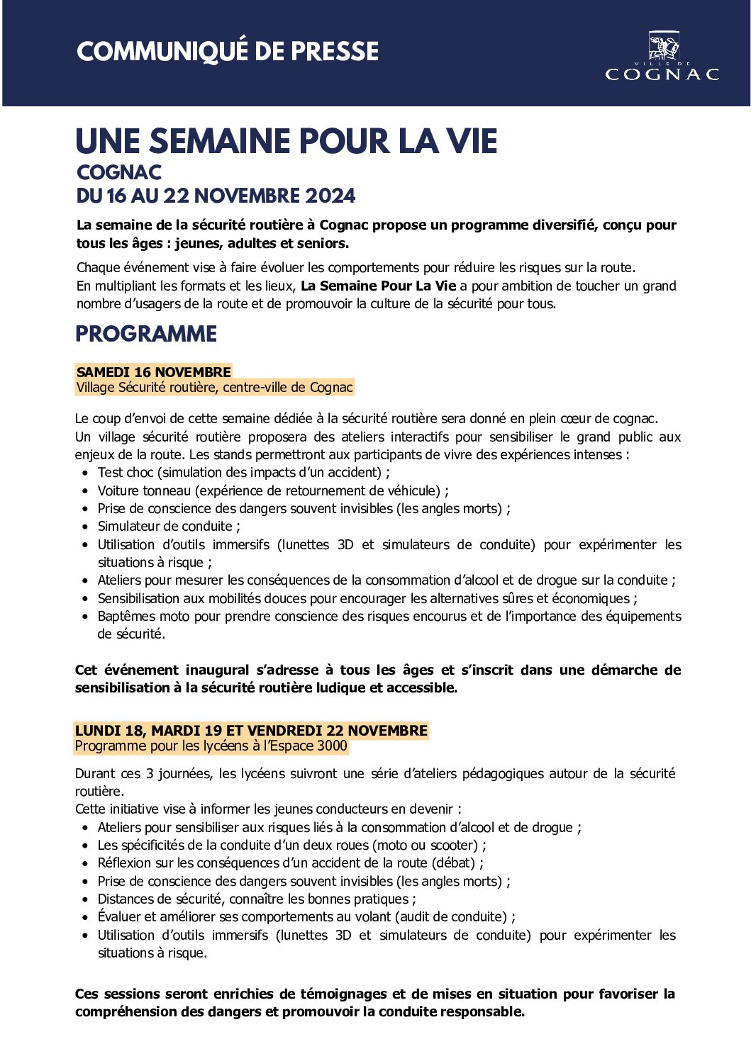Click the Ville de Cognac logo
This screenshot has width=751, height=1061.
pyautogui.click(x=662, y=57)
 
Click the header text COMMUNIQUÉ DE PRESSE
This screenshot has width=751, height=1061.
pyautogui.click(x=228, y=52)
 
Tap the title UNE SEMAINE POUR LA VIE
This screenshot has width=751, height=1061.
pyautogui.click(x=287, y=142)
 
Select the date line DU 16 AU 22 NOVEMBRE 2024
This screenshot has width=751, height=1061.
pyautogui.click(x=216, y=196)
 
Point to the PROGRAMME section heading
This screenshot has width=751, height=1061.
pyautogui.click(x=146, y=334)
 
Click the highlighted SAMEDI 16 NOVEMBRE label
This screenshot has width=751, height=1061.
pyautogui.click(x=154, y=371)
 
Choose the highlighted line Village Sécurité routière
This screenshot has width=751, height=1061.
pyautogui.click(x=214, y=388)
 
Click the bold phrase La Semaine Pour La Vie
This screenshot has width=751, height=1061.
pyautogui.click(x=379, y=286)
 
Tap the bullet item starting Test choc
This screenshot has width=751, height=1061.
pyautogui.click(x=243, y=472)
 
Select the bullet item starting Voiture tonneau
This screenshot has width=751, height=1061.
pyautogui.click(x=273, y=490)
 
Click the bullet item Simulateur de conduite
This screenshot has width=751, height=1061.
pyautogui.click(x=169, y=526)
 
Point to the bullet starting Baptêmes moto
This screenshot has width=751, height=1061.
pyautogui.click(x=389, y=617)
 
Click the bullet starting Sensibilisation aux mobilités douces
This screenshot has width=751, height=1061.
pyautogui.click(x=367, y=598)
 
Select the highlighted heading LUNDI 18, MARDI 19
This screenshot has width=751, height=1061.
pyautogui.click(x=252, y=730)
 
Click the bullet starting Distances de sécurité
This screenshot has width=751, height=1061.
pyautogui.click(x=257, y=899)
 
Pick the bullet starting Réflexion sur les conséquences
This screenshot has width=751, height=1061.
pyautogui.click(x=291, y=863)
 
